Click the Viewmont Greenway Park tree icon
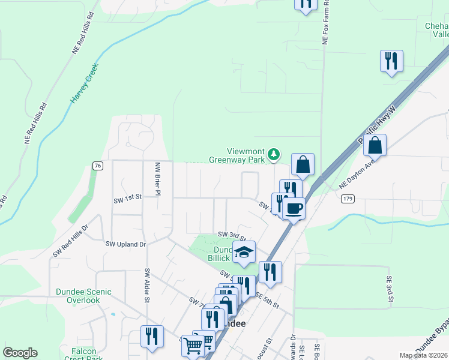coord(274,155)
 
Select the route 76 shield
coord(98,166)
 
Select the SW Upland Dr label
coord(126,244)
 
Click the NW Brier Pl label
coord(158,179)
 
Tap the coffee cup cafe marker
coord(294,208)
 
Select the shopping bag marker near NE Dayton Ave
coord(375,145)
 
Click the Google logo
coord(20,353)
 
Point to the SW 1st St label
coord(127,196)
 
